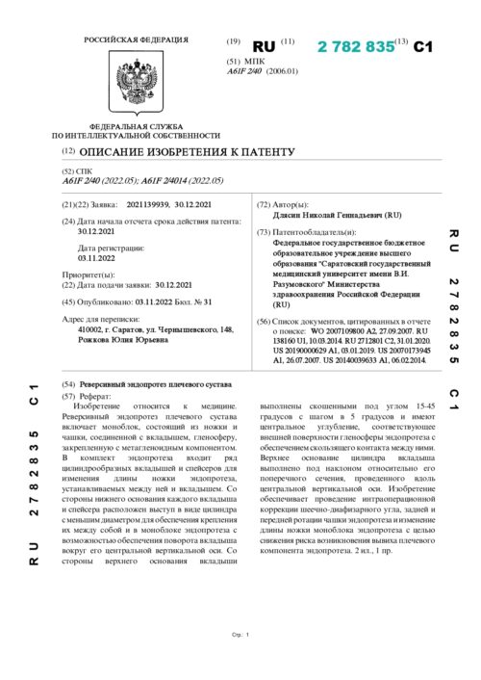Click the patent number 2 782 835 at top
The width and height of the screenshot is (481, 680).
coord(355,45)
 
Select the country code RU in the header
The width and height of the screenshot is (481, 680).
coord(264,46)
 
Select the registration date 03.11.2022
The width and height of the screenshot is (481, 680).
coord(96,258)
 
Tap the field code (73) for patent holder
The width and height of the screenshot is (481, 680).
coord(264,233)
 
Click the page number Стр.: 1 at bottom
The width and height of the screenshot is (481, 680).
coord(240,661)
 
